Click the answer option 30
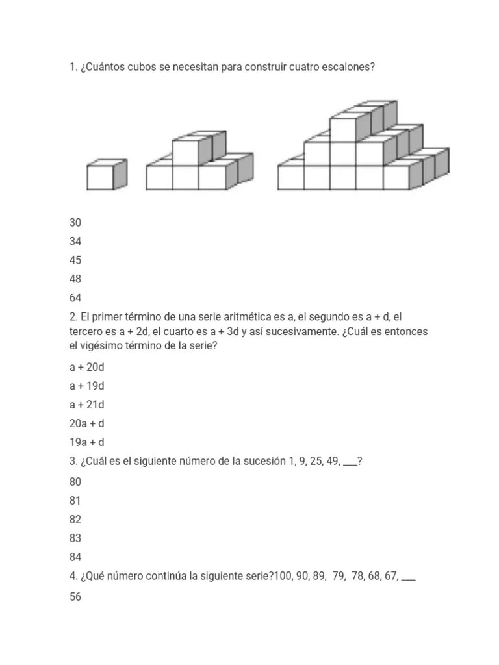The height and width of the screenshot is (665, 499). tap(75, 222)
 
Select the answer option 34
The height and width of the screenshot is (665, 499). tap(75, 241)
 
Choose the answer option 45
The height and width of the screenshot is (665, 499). tap(75, 260)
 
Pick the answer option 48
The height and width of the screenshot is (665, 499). tap(75, 279)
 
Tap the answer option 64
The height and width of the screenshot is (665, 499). tap(75, 297)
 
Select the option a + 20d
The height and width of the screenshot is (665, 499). tap(87, 367)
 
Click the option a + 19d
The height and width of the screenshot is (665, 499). tap(87, 386)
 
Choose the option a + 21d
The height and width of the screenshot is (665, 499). tap(87, 405)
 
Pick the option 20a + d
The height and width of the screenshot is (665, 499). tap(87, 423)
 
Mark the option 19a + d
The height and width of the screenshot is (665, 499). tap(87, 442)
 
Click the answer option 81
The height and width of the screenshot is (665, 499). tap(75, 501)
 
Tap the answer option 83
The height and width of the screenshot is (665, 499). tap(75, 538)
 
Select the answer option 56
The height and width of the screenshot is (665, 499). tap(75, 596)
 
